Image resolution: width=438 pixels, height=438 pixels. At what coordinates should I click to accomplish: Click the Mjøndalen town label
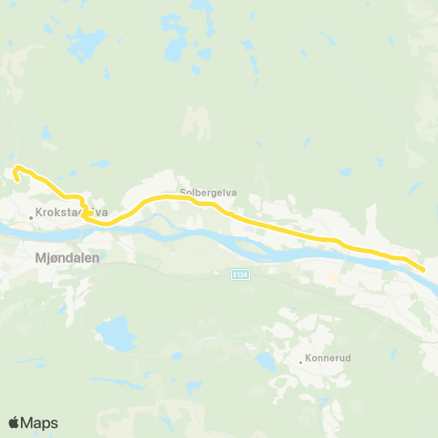click(x=66, y=257)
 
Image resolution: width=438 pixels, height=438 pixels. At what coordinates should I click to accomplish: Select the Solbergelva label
click(x=208, y=193)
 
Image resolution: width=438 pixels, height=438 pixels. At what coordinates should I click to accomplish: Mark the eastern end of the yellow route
click(x=423, y=269)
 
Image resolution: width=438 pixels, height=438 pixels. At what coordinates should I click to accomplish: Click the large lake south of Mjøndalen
click(x=116, y=335)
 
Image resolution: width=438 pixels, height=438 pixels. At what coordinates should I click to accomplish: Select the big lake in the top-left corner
click(x=87, y=42)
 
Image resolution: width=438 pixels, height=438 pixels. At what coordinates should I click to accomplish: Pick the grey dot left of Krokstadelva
click(x=30, y=217)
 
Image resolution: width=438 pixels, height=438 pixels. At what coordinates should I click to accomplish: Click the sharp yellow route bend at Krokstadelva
click(x=84, y=215)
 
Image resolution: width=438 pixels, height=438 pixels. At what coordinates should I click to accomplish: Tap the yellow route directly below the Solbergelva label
click(x=208, y=203)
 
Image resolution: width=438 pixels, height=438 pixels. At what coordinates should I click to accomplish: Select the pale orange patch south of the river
click(x=334, y=275)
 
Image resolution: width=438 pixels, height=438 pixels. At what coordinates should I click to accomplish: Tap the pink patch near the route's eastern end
click(x=415, y=255)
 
